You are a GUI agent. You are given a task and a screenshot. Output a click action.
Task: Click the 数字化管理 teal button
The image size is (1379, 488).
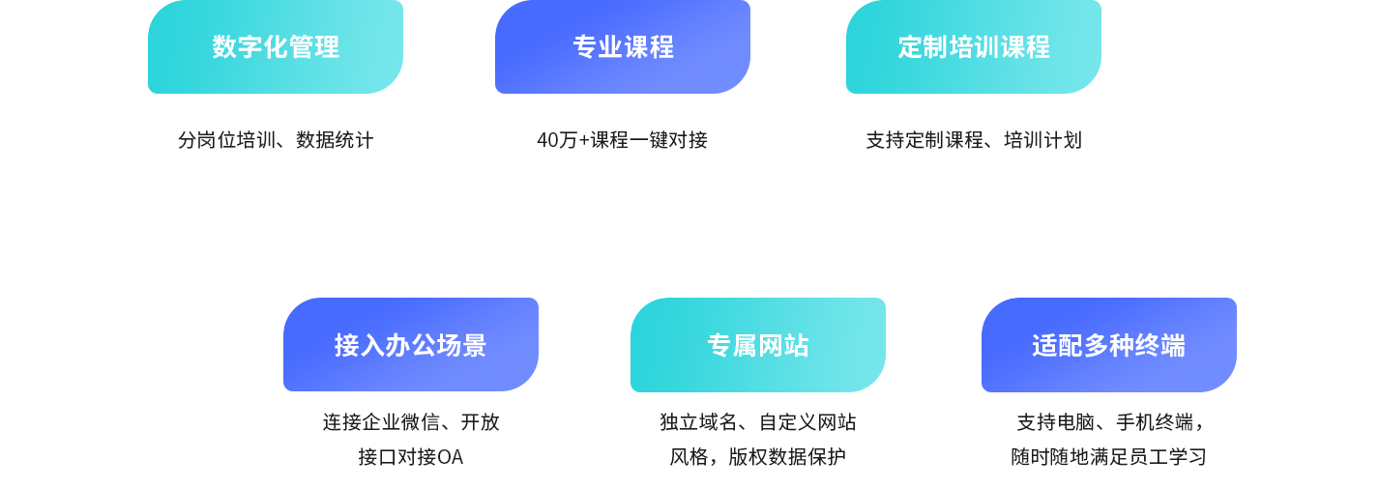coord(276,46)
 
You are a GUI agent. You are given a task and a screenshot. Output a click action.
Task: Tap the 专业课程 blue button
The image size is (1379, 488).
coord(623,46)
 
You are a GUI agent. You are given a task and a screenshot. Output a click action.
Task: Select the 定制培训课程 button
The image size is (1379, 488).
coord(974,46)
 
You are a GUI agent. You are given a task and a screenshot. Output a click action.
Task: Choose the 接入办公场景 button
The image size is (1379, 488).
coord(411,344)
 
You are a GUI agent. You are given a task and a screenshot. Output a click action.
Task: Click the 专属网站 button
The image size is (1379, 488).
coord(758,345)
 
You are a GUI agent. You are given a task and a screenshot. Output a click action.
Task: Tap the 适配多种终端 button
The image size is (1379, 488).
coord(1109,345)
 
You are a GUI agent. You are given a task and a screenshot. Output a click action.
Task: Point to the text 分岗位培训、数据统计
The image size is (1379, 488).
coord(276,140)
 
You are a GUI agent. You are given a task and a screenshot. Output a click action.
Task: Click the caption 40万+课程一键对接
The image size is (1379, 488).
coord(622,140)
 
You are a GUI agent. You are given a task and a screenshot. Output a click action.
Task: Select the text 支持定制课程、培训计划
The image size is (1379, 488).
coord(974,140)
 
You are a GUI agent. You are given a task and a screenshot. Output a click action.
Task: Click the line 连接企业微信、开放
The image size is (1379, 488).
coord(411,422)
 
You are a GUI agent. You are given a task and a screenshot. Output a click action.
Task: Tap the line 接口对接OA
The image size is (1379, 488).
coord(411,457)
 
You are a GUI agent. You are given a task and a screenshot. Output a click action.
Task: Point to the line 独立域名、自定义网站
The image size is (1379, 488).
coord(758,422)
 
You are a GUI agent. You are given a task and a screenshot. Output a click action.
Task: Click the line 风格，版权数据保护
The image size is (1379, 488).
coord(758,457)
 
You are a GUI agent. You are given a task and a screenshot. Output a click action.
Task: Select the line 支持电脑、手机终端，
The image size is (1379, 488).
coord(1109,422)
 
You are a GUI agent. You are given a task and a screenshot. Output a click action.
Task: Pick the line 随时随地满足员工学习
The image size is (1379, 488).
coord(1109,457)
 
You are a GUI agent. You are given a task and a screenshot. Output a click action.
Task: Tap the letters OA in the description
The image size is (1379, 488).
coord(450,457)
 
